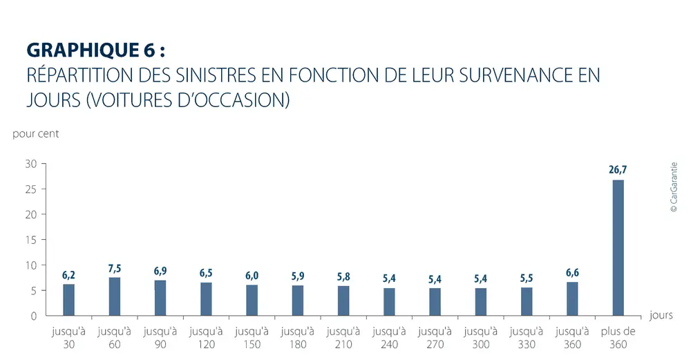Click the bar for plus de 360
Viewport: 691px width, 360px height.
[618, 248]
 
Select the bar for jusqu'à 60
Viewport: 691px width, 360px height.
[115, 296]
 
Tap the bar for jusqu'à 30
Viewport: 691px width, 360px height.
[69, 300]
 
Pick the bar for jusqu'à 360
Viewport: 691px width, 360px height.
[572, 299]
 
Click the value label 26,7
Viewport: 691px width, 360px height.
[618, 169]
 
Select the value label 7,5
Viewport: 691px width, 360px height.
[115, 267]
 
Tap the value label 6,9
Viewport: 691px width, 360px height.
[160, 270]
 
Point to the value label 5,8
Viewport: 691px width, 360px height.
[343, 276]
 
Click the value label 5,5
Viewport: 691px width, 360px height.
[527, 278]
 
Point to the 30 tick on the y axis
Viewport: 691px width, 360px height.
[30, 164]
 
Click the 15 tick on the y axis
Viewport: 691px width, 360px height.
[30, 240]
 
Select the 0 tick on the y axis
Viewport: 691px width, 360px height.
[33, 316]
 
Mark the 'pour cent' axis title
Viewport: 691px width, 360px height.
[36, 134]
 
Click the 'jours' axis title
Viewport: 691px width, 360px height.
[661, 315]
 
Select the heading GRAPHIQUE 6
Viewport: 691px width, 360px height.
[96, 50]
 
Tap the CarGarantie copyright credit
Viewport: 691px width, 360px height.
[674, 187]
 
